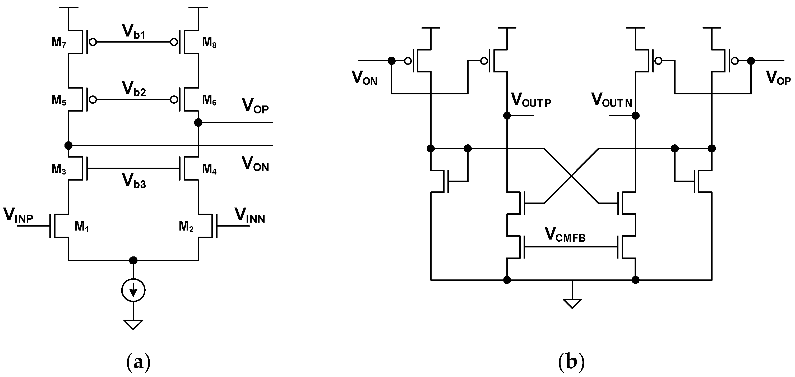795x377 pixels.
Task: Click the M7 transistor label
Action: click(59, 42)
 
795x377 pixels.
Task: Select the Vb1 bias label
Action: click(134, 31)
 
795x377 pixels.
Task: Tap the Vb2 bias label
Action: click(134, 89)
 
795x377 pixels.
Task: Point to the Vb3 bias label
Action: click(134, 181)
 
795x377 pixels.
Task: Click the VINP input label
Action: click(18, 215)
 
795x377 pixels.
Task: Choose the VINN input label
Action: click(250, 215)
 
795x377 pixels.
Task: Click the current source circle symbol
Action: click(133, 290)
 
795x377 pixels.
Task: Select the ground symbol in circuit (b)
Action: click(572, 303)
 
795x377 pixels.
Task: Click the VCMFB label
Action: click(565, 235)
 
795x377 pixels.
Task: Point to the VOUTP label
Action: click(531, 100)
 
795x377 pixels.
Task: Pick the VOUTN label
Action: click(611, 100)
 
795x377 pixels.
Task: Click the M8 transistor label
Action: click(209, 42)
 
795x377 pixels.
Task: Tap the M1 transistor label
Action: click(81, 227)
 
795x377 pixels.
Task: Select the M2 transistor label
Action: click(186, 227)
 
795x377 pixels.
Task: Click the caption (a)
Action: click(138, 362)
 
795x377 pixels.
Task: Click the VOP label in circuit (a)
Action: click(255, 106)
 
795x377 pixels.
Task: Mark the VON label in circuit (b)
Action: click(364, 78)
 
